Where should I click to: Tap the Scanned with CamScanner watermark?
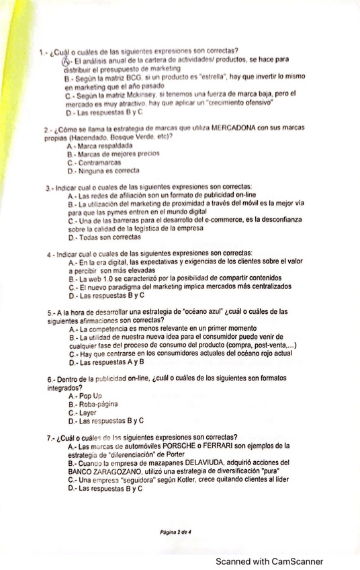click(x=269, y=561)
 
